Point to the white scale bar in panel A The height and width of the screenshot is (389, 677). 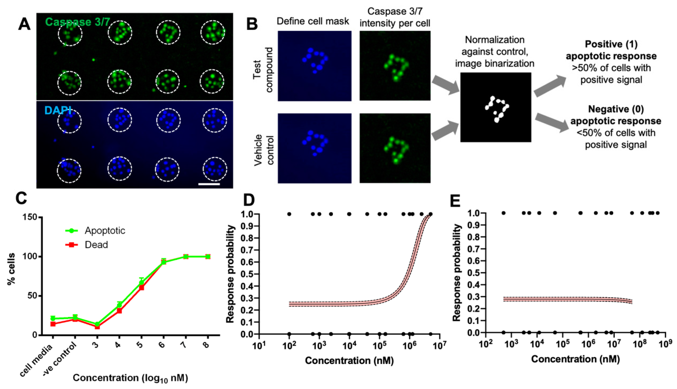(209, 184)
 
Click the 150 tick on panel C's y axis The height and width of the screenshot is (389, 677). (31, 217)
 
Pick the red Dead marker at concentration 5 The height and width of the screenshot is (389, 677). (141, 288)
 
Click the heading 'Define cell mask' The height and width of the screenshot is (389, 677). (313, 21)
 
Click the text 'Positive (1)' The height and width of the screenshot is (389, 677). (611, 44)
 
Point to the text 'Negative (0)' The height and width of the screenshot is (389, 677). (615, 109)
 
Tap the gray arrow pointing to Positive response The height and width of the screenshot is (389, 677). (550, 85)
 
